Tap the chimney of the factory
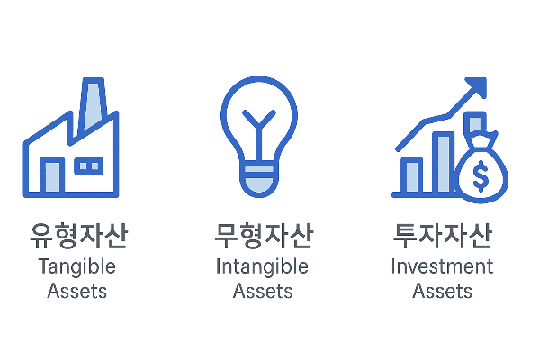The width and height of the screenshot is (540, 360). [x=92, y=103]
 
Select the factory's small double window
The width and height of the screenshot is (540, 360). [x=88, y=166]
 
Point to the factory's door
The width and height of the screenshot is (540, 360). [x=51, y=176]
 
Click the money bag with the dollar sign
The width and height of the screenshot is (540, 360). [x=481, y=173]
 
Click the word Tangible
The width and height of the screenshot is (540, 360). [x=77, y=267]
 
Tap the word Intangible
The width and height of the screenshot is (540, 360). [x=262, y=267]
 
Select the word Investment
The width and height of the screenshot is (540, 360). [x=443, y=267]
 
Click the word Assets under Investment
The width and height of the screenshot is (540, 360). [x=443, y=291]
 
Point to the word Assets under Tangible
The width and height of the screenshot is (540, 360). [x=77, y=291]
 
